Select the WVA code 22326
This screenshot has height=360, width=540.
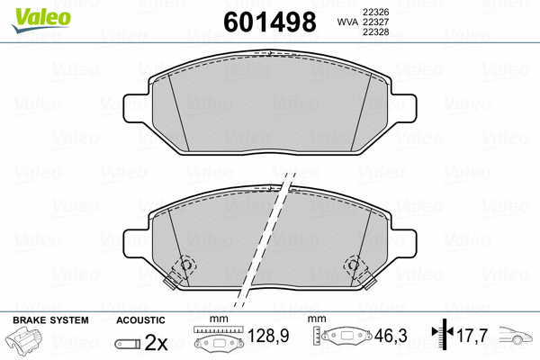pyautogui.click(x=374, y=10)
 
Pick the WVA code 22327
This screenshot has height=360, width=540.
pyautogui.click(x=374, y=22)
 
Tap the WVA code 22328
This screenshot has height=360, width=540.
pyautogui.click(x=374, y=33)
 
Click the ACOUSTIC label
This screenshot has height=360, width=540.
pyautogui.click(x=140, y=320)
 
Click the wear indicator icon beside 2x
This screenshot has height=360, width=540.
pyautogui.click(x=128, y=344)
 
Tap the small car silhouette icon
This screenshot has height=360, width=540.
pyautogui.click(x=517, y=341)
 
